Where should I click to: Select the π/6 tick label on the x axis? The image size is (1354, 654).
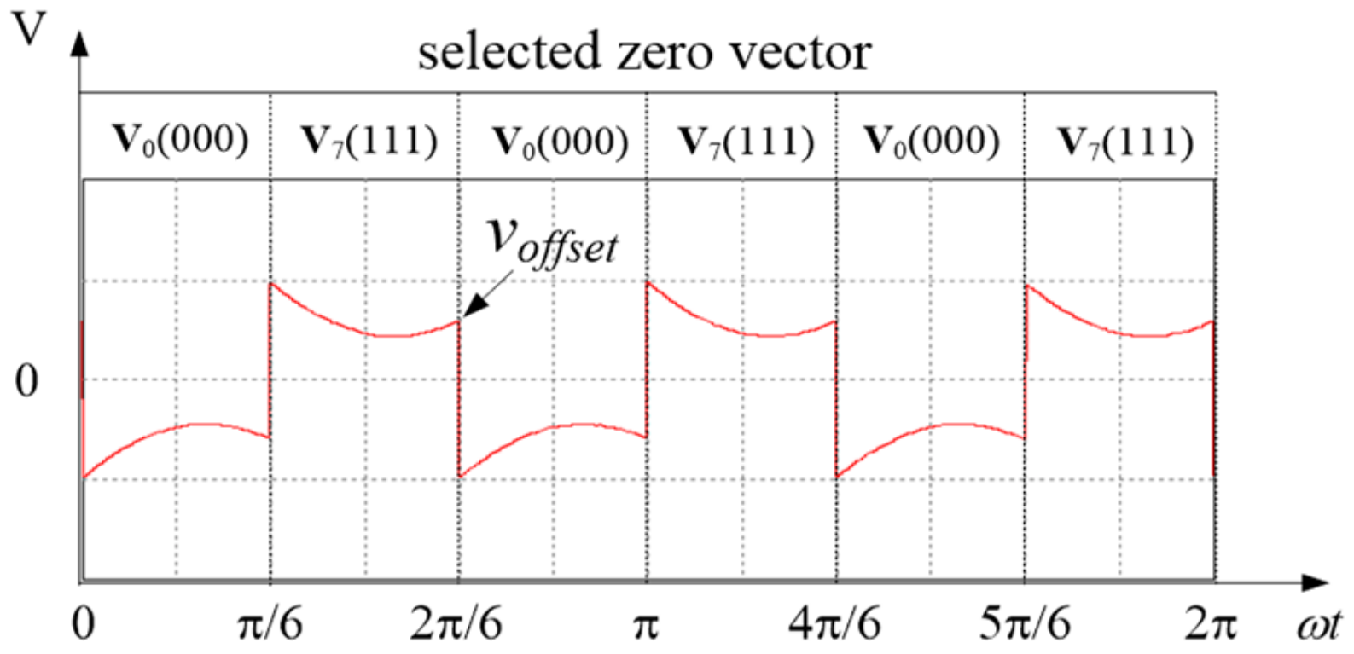pos(270,623)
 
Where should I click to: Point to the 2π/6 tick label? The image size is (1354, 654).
pos(456,623)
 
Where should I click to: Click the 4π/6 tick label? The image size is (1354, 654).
pos(834,623)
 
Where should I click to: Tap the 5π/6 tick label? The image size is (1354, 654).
pos(1023,623)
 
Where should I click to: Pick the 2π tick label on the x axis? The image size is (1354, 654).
pos(1211,623)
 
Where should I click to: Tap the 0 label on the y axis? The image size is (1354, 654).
pos(26,380)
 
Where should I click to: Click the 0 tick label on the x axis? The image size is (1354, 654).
pos(83,623)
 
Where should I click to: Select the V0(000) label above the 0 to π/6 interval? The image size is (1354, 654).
pos(180,140)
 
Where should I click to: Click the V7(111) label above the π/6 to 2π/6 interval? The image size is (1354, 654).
pos(369,140)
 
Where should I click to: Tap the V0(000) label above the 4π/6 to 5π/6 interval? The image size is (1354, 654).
pos(932,140)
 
